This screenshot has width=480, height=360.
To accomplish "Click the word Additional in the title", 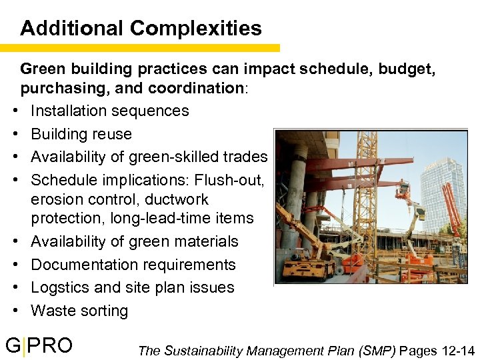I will [x=73, y=29].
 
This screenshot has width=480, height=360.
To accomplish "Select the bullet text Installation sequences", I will [x=110, y=111].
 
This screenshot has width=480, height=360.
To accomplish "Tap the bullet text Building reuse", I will [x=81, y=134].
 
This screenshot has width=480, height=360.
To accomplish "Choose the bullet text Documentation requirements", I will [x=133, y=265].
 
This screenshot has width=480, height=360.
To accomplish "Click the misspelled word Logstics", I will [x=59, y=287].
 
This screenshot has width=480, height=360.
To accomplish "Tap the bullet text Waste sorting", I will [x=79, y=311].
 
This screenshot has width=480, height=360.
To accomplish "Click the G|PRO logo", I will [x=39, y=345].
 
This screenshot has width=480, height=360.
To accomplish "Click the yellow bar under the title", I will [x=140, y=48].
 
